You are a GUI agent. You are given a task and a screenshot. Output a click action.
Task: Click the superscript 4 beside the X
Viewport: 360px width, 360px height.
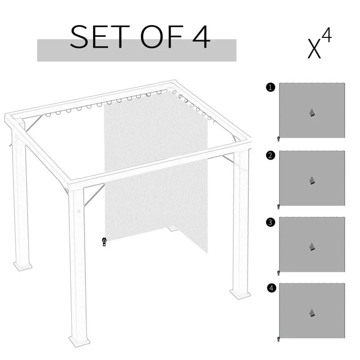(327, 36)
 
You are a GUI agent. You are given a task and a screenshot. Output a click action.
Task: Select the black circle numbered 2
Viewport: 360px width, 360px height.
(270, 156)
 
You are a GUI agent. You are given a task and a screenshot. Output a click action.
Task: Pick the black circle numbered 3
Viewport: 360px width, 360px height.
(270, 222)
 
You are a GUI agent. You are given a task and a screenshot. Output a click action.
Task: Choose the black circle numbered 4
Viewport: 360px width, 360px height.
(270, 288)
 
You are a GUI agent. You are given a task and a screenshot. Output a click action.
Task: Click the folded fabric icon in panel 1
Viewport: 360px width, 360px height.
(312, 112)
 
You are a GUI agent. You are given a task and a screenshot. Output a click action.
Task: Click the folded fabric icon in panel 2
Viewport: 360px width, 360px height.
(312, 180)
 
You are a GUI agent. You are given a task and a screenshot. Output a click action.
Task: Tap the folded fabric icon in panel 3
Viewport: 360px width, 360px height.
(312, 246)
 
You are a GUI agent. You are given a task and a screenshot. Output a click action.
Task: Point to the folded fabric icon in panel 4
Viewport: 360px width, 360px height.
(312, 313)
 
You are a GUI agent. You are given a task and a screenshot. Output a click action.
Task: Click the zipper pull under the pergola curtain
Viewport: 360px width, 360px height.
(104, 242)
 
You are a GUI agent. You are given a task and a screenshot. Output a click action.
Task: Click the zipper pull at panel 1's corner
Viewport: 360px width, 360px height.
(279, 139)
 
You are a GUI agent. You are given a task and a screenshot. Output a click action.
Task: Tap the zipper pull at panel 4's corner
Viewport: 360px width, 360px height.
(279, 339)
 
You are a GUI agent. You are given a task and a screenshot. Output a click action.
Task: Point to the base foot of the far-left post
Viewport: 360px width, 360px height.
(22, 266)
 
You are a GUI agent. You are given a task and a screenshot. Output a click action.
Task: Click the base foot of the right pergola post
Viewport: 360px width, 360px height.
(240, 294)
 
